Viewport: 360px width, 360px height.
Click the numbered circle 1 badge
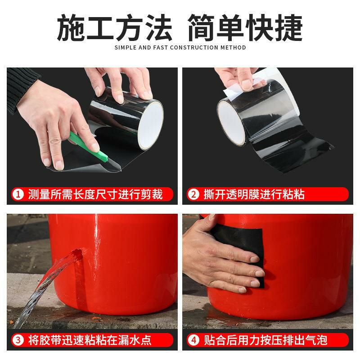click(x=18, y=194)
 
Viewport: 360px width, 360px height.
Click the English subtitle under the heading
click(x=180, y=47)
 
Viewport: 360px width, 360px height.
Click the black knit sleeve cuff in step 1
click(x=22, y=90)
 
